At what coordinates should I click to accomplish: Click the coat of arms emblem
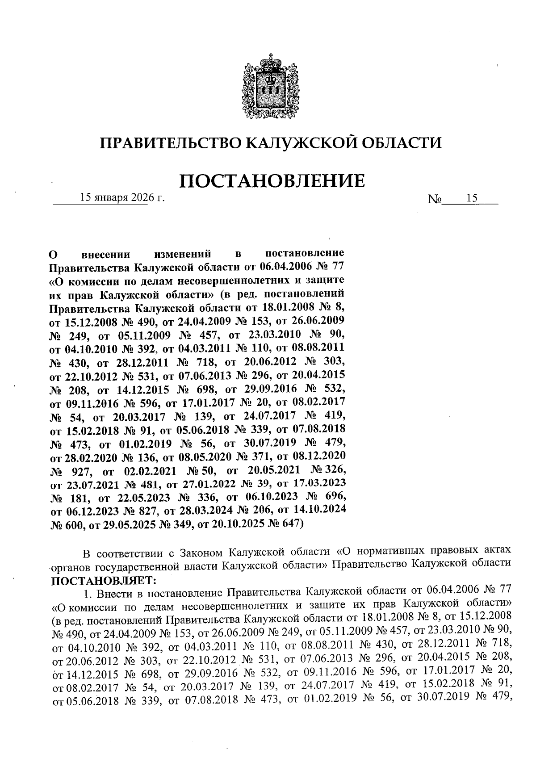[x=269, y=88]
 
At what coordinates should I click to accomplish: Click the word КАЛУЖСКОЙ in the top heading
[x=301, y=143]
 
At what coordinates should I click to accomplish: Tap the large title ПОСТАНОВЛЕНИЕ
[x=272, y=181]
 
